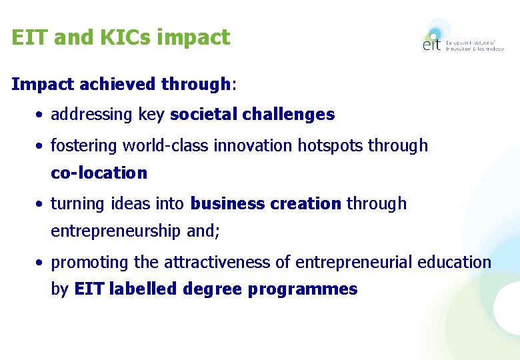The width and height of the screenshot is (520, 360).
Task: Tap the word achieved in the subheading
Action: tap(118, 85)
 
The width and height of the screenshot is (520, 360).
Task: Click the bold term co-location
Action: tap(99, 173)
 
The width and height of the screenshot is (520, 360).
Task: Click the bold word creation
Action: tap(308, 203)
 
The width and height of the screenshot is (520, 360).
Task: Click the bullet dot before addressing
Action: tap(41, 115)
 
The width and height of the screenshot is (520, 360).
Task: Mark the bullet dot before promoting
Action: tap(41, 263)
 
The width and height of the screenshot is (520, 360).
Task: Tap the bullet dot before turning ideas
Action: tap(41, 204)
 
